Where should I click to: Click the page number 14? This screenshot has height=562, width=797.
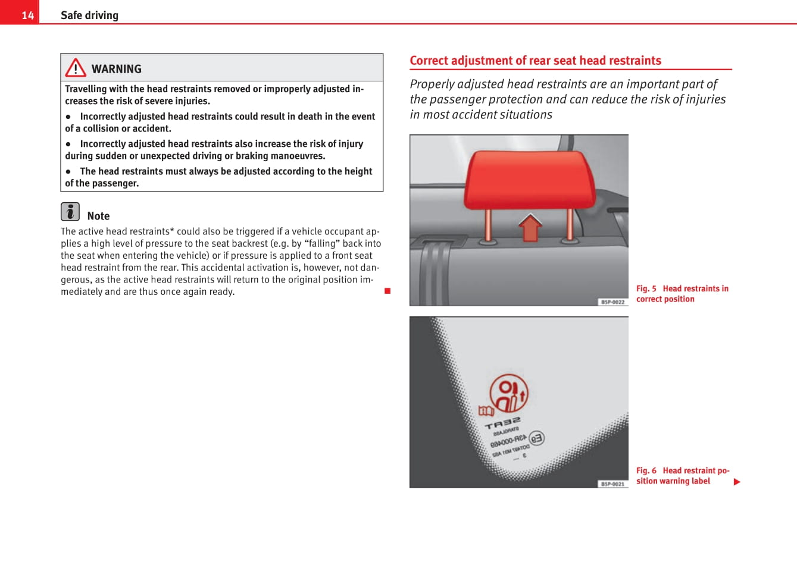[27, 15]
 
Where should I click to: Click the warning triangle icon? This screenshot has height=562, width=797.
[76, 68]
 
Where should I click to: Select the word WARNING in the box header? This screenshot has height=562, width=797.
[117, 69]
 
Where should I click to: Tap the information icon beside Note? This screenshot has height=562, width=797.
[70, 212]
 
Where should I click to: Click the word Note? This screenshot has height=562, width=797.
[98, 216]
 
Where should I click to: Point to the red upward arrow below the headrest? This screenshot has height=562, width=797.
[530, 227]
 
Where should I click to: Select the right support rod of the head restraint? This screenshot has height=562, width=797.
[570, 224]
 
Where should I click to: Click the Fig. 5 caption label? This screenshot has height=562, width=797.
[646, 288]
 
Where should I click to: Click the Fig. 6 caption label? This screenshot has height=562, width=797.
[646, 470]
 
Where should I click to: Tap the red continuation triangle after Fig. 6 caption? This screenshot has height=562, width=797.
[737, 482]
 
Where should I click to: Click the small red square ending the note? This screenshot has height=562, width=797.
[387, 291]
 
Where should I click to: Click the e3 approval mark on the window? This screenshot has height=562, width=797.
[536, 439]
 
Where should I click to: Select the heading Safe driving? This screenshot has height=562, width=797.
[89, 15]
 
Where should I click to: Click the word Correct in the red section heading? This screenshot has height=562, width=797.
[429, 61]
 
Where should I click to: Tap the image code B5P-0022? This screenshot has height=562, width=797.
[612, 302]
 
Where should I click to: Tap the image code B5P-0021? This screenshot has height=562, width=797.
[612, 484]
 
